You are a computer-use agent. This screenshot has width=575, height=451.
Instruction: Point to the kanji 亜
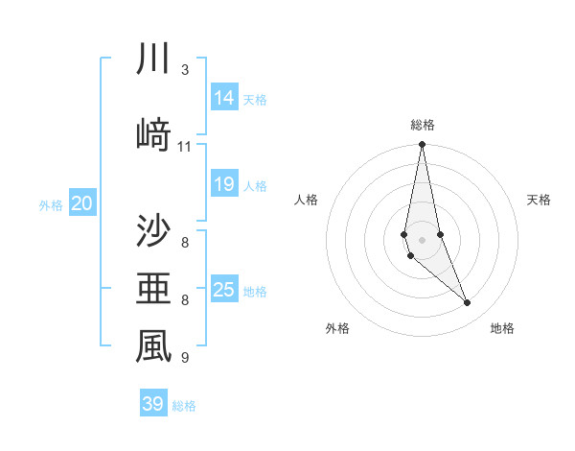(153, 289)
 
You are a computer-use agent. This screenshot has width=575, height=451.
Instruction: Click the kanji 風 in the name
(153, 347)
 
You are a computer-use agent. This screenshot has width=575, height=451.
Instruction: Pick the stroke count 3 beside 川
(185, 70)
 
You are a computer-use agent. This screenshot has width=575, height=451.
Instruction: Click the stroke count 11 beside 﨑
(185, 147)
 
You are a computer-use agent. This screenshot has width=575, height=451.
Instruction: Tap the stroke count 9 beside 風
(185, 358)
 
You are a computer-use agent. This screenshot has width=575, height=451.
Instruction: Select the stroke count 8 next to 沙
(185, 241)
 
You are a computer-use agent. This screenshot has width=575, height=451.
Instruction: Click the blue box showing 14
(224, 98)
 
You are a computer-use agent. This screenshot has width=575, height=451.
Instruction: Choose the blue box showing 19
(224, 184)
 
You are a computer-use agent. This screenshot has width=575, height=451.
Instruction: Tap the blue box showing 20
(82, 203)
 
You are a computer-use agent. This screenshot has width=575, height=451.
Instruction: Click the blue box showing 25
(224, 290)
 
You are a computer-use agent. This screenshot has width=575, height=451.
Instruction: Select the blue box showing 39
(153, 404)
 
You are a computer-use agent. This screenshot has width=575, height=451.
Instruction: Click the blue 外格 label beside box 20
(51, 204)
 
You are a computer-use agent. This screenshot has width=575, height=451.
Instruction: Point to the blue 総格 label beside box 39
(185, 406)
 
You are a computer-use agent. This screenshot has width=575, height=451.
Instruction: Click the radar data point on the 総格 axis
(422, 145)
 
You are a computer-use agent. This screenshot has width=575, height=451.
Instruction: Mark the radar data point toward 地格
(468, 303)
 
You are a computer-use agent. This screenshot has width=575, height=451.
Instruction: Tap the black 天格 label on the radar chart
(540, 200)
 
